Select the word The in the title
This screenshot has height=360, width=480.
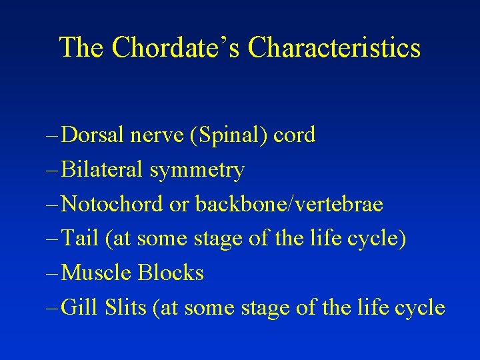tap(82, 48)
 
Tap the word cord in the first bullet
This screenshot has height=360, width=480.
tap(294, 135)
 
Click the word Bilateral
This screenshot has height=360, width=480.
tap(102, 170)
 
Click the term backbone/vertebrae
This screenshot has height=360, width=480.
tap(289, 204)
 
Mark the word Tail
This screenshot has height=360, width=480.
tap(79, 239)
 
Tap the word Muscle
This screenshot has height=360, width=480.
tap(96, 273)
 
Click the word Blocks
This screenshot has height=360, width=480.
tap(171, 273)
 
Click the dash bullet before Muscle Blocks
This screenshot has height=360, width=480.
tap(53, 273)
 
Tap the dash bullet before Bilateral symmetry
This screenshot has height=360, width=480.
tap(53, 171)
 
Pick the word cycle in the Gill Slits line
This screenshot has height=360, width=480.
tap(419, 308)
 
